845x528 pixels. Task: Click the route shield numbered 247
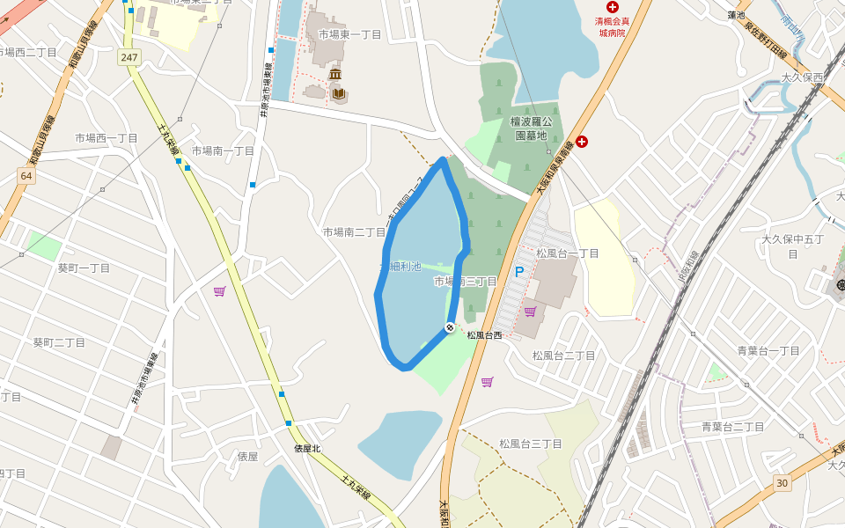129,57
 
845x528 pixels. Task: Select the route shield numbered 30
782,482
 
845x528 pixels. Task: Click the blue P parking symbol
518,273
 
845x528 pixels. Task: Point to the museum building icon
335,75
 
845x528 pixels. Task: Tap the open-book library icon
339,92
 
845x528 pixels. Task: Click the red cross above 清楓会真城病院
612,7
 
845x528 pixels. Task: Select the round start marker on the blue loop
450,327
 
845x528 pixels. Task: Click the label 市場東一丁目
349,34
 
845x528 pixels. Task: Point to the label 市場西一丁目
107,138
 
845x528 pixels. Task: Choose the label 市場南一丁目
223,150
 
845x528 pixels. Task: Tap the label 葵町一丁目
84,268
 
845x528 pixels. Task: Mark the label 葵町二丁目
59,342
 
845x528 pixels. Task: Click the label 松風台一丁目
567,253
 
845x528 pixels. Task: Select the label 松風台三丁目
530,444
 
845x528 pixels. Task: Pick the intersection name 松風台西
484,335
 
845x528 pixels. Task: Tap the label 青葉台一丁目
768,350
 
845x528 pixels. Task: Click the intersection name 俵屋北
307,448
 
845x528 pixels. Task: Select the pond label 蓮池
737,15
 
